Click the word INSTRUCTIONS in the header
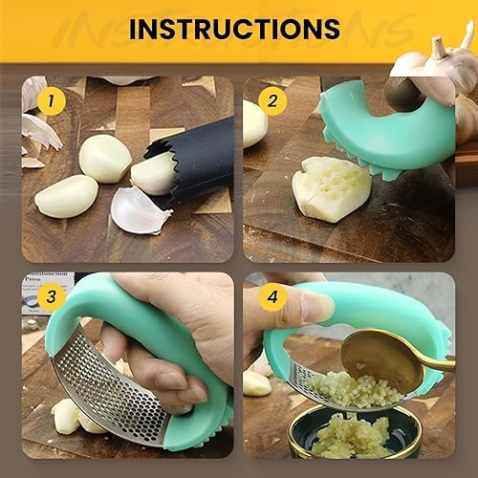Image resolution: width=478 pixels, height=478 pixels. click(x=234, y=29)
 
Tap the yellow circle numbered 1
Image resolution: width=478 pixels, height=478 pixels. click(x=51, y=99)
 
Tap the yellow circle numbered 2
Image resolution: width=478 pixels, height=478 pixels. click(x=272, y=99)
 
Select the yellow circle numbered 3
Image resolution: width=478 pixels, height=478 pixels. click(x=51, y=297)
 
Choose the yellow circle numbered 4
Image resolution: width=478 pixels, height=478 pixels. click(x=272, y=297)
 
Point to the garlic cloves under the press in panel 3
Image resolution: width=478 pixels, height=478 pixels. click(x=72, y=416)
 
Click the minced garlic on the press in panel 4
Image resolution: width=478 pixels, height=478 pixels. click(x=335, y=387)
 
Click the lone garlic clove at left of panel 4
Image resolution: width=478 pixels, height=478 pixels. click(x=256, y=382)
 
